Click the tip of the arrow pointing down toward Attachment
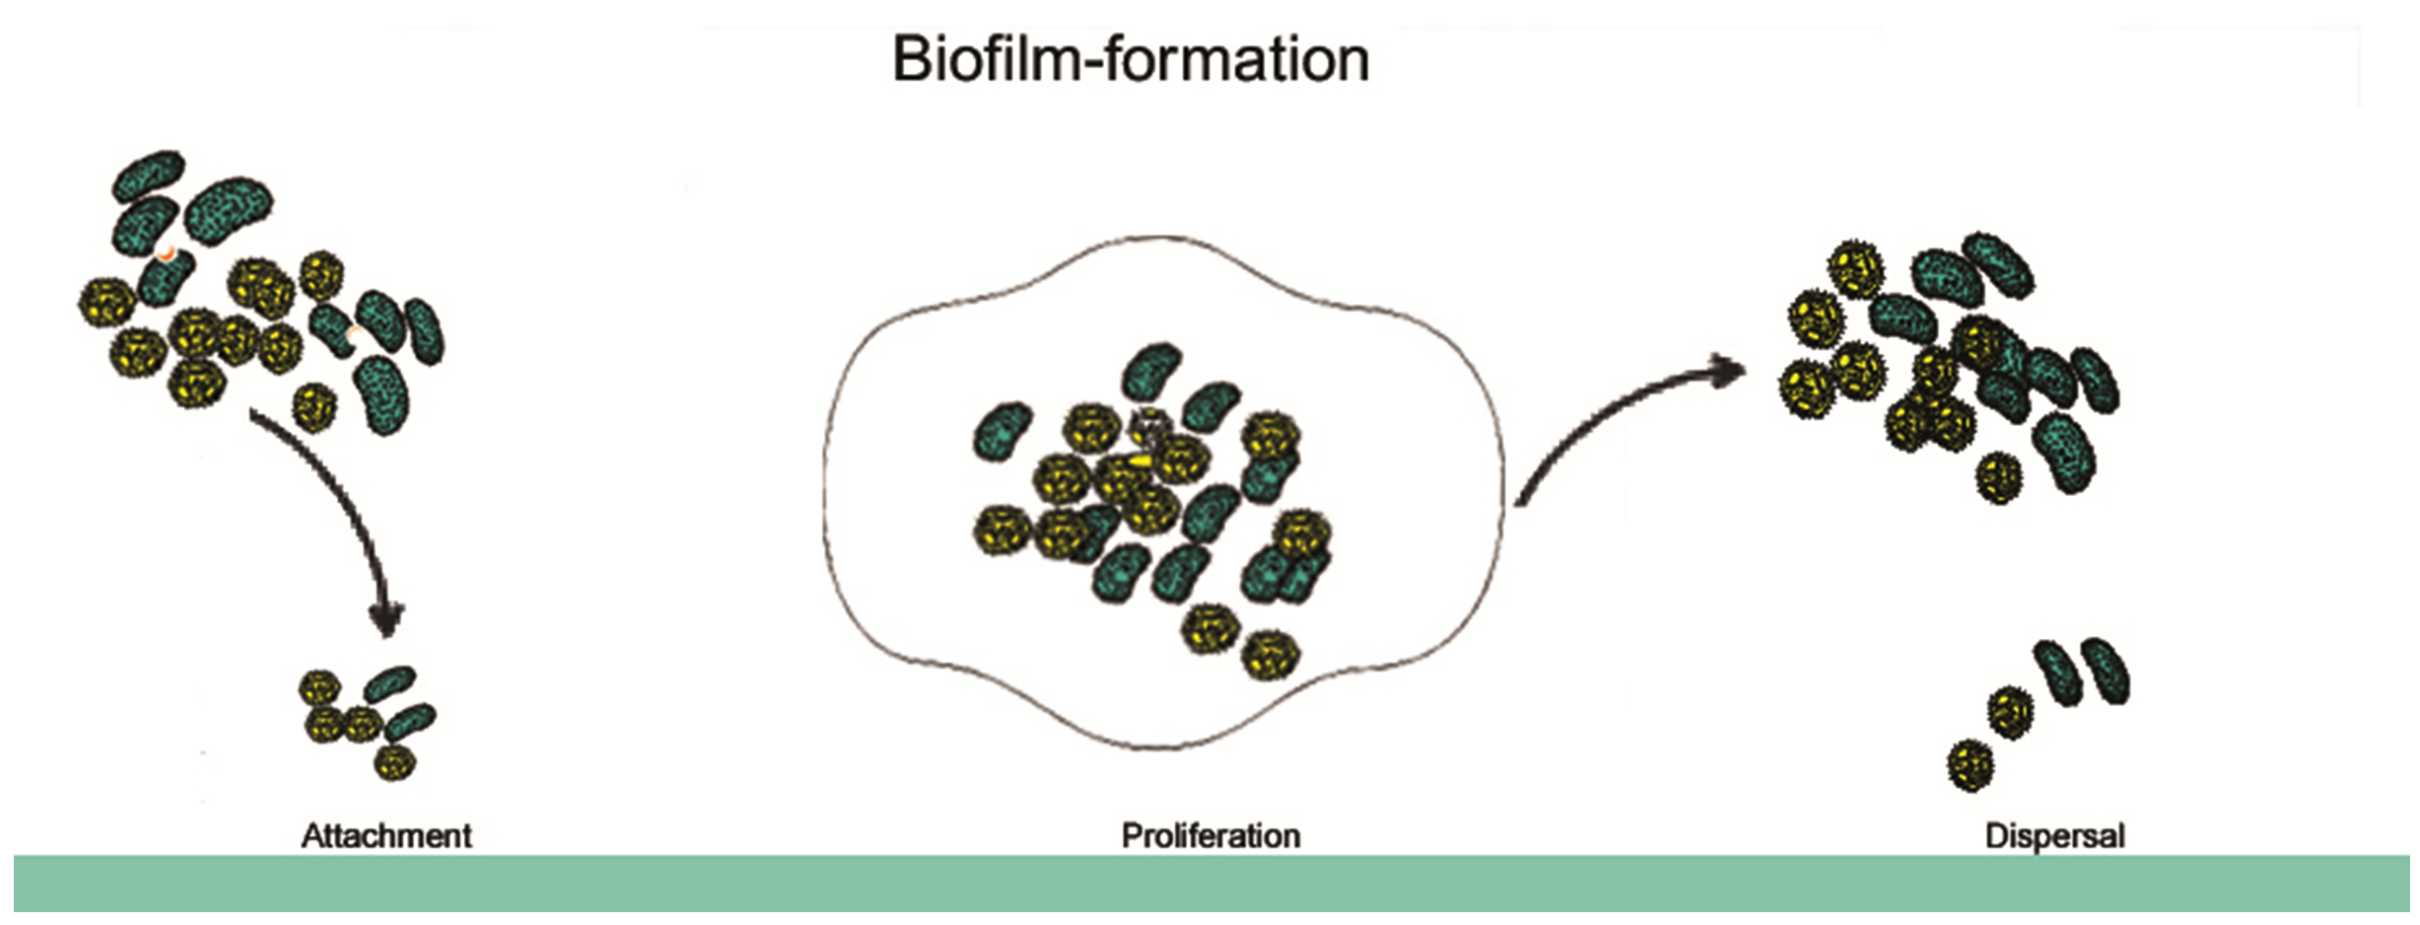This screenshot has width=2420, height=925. click(387, 637)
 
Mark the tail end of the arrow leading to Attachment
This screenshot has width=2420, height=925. click(250, 413)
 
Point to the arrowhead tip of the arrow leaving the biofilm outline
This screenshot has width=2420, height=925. click(1746, 371)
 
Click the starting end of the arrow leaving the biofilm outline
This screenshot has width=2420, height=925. click(1517, 505)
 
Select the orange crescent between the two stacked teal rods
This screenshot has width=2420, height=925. click(168, 253)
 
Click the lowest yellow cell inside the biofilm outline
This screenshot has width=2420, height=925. click(1271, 655)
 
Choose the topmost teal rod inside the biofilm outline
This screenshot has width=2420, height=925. click(1152, 370)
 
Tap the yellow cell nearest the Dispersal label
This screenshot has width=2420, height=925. click(1971, 766)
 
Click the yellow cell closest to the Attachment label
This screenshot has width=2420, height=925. click(394, 761)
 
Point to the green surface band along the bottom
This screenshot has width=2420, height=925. click(1211, 884)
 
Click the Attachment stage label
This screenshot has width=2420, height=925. click(386, 836)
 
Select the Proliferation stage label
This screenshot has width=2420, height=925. click(1210, 836)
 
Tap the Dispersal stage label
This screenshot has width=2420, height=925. click(2055, 836)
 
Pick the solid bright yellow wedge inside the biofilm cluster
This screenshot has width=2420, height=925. click(1141, 461)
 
